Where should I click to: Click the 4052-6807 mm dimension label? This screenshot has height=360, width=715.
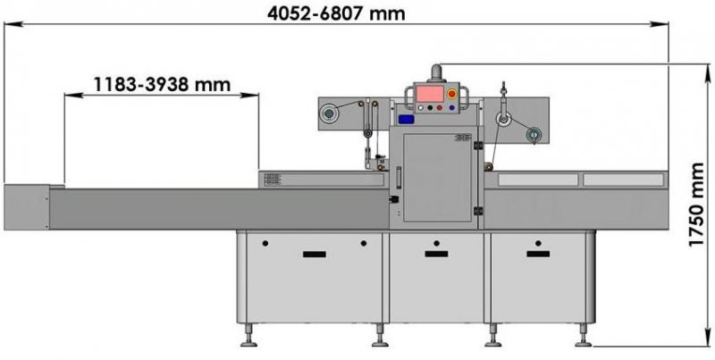click(336, 13)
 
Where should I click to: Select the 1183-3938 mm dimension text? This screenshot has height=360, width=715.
click(162, 84)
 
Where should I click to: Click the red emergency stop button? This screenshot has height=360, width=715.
click(452, 95)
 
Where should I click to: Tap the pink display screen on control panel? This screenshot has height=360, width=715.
click(430, 94)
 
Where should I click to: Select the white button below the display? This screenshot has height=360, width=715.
click(421, 108)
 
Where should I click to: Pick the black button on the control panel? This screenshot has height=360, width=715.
click(430, 108)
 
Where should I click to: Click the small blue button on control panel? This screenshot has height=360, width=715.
click(451, 108)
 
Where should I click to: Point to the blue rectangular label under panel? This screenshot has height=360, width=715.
click(406, 120)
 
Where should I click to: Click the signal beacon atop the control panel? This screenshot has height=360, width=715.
click(437, 73)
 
